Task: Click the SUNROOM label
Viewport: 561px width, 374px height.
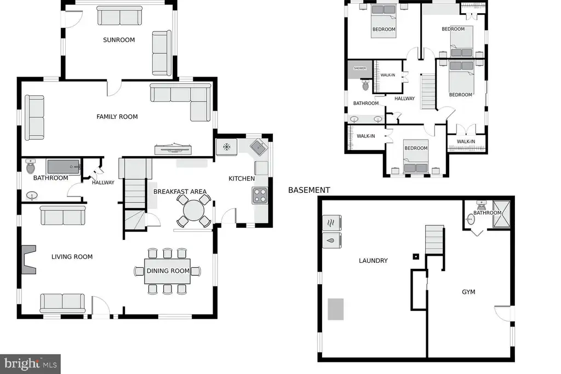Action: [119, 40]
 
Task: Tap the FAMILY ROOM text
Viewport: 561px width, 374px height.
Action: [117, 117]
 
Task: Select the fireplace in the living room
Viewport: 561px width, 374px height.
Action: [28, 260]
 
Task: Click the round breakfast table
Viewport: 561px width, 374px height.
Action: [193, 210]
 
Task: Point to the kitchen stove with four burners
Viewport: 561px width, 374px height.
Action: [260, 195]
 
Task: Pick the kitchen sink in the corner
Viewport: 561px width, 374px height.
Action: [259, 147]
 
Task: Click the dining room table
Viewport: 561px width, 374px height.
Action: [168, 271]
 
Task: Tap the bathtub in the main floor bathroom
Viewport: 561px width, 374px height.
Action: [64, 166]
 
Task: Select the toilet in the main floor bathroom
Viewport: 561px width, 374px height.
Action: [31, 166]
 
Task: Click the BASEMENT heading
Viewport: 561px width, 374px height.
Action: [309, 190]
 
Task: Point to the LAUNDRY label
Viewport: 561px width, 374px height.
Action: [373, 261]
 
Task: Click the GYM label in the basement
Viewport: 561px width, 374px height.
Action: [468, 292]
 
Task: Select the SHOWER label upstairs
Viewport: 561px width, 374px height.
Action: [359, 68]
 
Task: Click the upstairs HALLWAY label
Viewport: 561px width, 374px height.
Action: [405, 99]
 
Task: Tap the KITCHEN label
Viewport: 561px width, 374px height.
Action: [242, 179]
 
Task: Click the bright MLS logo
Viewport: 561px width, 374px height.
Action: [31, 364]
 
